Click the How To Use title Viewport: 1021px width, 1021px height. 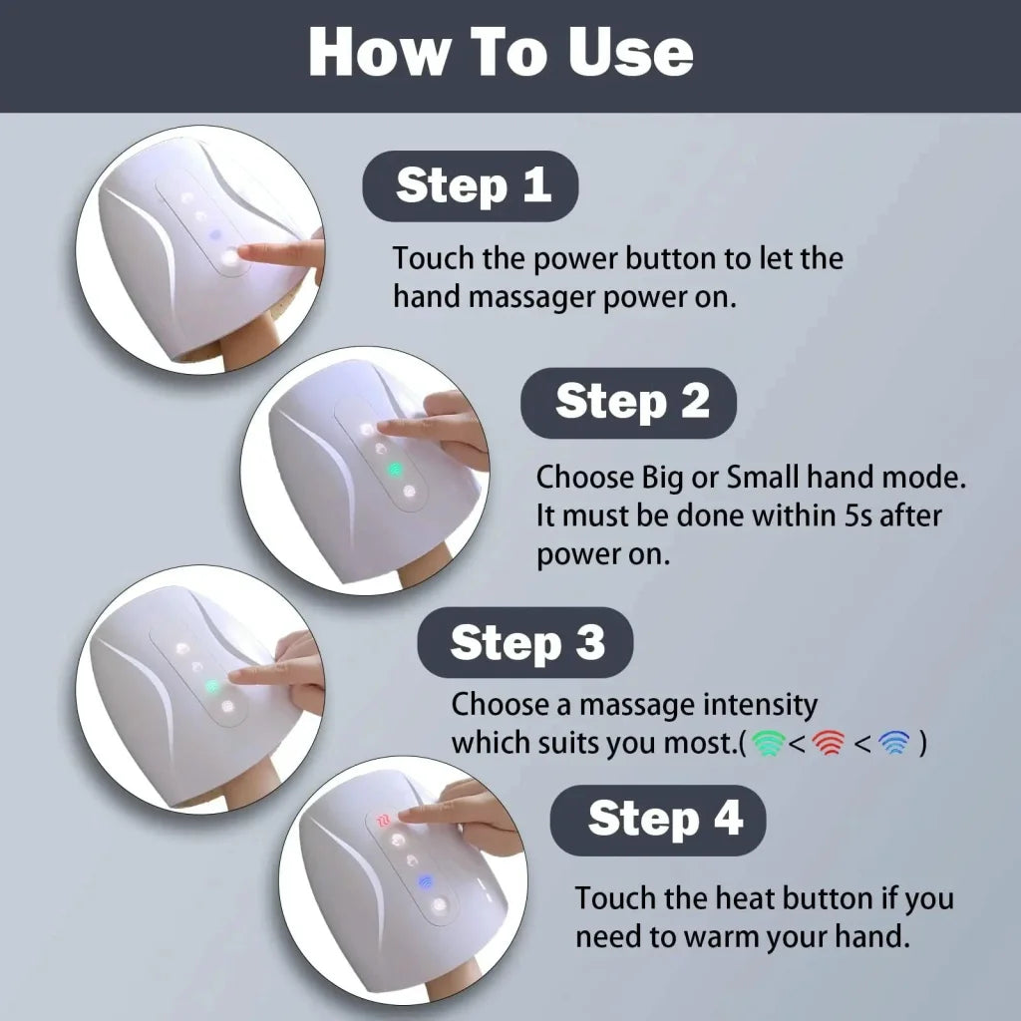(501, 53)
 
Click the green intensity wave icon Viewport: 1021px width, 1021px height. (768, 744)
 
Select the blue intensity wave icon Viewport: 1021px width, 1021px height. (893, 744)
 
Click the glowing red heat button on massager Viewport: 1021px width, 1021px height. (383, 821)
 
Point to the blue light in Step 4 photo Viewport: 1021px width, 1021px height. (424, 881)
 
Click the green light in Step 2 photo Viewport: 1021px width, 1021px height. (394, 469)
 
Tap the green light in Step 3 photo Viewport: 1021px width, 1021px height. (211, 686)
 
